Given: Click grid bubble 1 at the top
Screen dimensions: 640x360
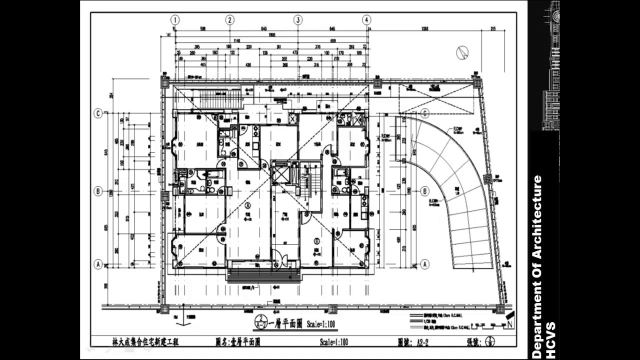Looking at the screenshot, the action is (175, 20).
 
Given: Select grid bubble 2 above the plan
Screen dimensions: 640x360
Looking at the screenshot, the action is (229, 20).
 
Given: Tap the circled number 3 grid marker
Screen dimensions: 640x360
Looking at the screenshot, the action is (298, 20).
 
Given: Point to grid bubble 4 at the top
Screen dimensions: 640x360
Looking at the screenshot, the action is (367, 20).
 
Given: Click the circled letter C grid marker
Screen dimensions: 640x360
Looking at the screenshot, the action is (98, 113).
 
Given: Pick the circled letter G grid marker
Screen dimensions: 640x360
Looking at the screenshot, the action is (424, 113).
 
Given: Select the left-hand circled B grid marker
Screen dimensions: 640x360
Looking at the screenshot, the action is (98, 190).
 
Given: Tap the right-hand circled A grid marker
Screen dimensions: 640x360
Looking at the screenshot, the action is (424, 264).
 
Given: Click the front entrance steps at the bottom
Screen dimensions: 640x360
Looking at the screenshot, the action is (263, 275).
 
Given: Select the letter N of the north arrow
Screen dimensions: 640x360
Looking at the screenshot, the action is (509, 324).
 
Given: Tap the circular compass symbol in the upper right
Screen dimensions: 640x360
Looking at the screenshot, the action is (462, 52).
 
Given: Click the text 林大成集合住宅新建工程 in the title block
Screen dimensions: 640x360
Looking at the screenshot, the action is (145, 342).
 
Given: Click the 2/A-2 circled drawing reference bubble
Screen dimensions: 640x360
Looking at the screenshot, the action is (261, 321).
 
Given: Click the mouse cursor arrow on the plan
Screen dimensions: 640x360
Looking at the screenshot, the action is (354, 116).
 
